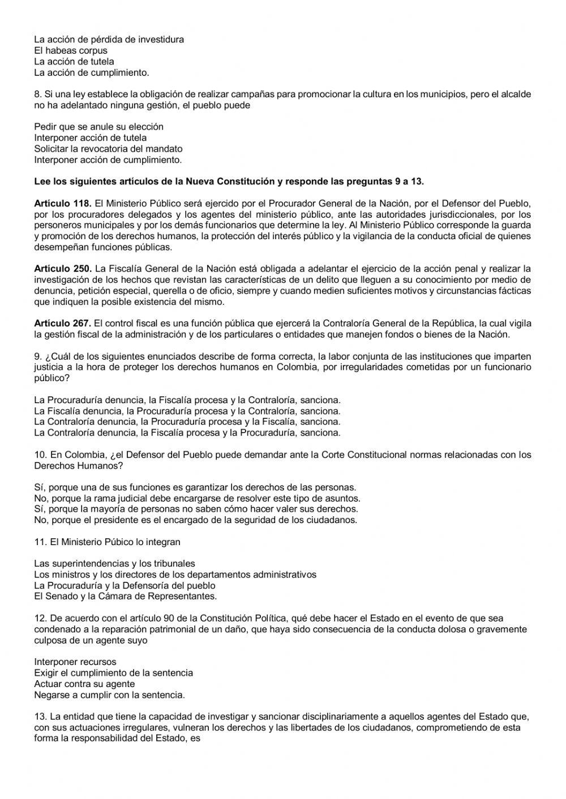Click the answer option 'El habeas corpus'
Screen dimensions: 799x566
71,51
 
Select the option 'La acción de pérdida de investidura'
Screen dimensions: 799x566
109,40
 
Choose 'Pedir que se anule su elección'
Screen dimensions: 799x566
98,127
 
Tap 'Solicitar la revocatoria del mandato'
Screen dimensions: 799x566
108,149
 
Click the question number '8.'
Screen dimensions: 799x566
38,94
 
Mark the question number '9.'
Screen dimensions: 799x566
38,356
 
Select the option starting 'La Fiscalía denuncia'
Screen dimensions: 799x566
187,411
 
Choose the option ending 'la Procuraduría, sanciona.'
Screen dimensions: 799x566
187,433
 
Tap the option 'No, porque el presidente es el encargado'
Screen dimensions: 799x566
195,520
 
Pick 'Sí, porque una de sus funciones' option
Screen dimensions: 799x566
195,487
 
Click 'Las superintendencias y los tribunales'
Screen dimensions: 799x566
114,564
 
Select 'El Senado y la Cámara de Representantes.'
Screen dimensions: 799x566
125,597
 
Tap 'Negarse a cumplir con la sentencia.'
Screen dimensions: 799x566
109,695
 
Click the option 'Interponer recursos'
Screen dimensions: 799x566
75,662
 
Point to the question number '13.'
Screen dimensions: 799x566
40,717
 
